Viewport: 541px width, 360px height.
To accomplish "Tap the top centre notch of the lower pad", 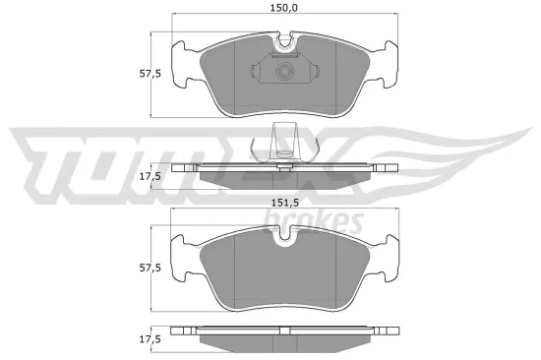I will pyautogui.click(x=286, y=235).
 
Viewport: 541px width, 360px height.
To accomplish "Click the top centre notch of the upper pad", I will pyautogui.click(x=286, y=42).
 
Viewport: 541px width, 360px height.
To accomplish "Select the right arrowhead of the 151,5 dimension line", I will pyautogui.click(x=397, y=210).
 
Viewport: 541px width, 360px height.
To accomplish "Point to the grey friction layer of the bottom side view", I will pyautogui.click(x=285, y=341).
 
